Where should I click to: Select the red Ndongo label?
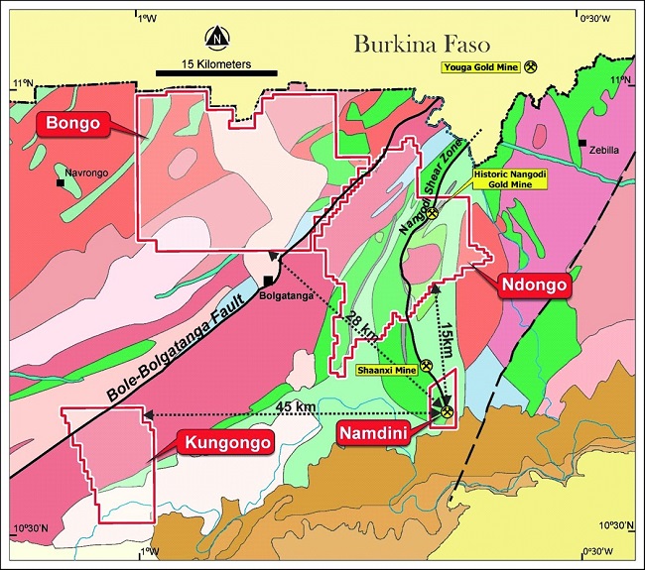coord(534,285)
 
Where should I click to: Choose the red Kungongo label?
coord(226,442)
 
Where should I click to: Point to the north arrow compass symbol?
coord(216,39)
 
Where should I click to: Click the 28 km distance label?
coord(359,329)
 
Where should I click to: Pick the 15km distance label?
coord(446,340)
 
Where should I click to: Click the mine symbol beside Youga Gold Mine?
coord(531,66)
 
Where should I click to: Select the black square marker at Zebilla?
coord(582,143)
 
